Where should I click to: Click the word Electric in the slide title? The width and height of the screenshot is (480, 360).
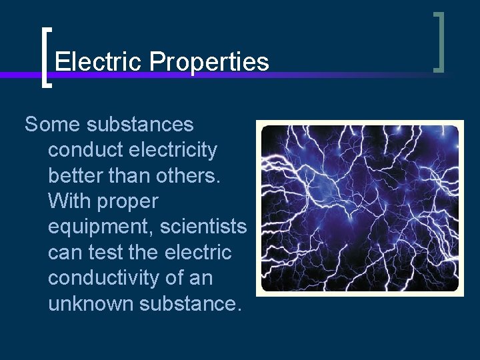click(99, 62)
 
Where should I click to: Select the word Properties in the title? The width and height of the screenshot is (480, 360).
click(209, 62)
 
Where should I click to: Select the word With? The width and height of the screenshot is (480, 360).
click(69, 201)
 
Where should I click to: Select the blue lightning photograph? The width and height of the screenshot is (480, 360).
click(359, 209)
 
